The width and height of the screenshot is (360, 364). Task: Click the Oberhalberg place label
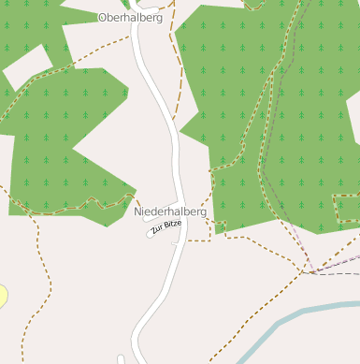point(130,17)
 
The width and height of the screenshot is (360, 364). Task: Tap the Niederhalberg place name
point(170,212)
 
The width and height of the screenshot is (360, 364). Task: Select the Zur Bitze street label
point(166,227)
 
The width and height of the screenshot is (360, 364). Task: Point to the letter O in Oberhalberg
point(102,17)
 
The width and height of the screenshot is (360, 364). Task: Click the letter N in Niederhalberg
point(138,212)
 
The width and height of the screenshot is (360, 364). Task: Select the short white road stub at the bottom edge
point(121,359)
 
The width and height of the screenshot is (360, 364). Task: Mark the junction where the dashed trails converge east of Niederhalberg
point(306,272)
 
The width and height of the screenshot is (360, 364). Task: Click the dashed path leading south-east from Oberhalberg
point(176,56)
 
